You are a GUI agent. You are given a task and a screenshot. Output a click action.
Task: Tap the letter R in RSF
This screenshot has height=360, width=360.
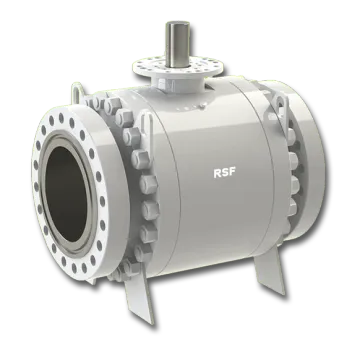point(216,171)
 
